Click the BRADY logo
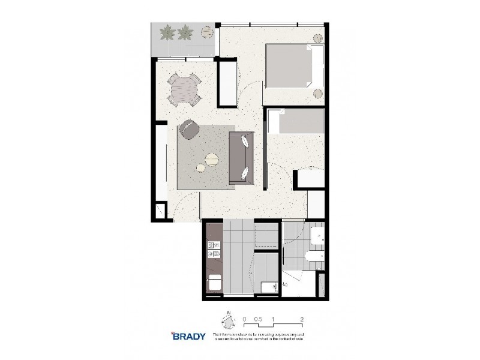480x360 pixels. (x=188, y=336)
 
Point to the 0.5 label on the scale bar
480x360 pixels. (x=257, y=320)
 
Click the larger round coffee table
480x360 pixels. (x=212, y=159)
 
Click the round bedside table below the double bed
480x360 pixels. (x=318, y=93)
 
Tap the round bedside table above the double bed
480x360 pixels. (x=317, y=38)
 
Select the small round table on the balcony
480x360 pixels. (x=208, y=29)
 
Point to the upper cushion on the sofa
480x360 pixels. (x=246, y=142)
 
